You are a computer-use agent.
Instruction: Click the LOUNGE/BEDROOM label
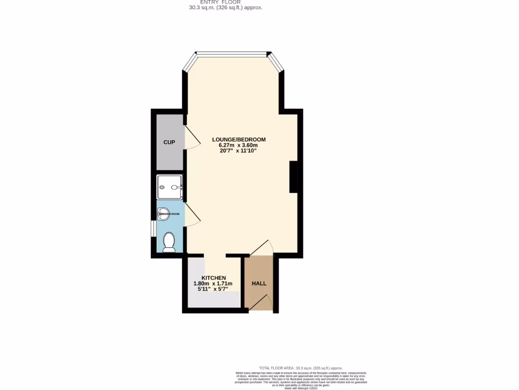(238, 140)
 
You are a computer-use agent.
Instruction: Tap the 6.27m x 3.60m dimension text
(238, 145)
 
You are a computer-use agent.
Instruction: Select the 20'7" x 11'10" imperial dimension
(238, 151)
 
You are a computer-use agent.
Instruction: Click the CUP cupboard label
(169, 142)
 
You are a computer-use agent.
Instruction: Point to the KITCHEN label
(213, 278)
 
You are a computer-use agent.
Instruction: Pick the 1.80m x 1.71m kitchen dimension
(213, 283)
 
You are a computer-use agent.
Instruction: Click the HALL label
(259, 283)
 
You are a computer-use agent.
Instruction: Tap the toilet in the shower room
(169, 242)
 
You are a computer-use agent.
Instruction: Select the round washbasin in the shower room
(164, 214)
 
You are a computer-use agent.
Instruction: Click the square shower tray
(170, 187)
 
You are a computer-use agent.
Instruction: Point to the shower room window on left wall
(153, 228)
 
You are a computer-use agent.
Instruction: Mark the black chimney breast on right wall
(293, 177)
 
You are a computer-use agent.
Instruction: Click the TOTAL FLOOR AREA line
(301, 368)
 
